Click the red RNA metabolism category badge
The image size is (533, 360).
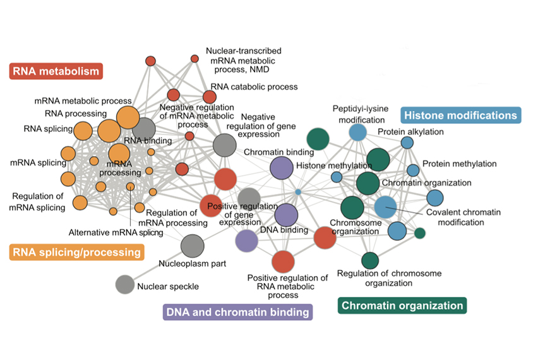pyautogui.click(x=56, y=71)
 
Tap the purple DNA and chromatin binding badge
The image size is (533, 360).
pyautogui.click(x=237, y=312)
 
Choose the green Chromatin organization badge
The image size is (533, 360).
pyautogui.click(x=402, y=306)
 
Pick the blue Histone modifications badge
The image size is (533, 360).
pyautogui.click(x=461, y=116)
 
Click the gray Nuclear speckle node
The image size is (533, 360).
pyautogui.click(x=124, y=284)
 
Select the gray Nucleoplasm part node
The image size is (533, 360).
pyautogui.click(x=192, y=244)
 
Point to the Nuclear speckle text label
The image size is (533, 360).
pyautogui.click(x=168, y=287)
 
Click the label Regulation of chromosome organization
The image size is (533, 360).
pyautogui.click(x=390, y=278)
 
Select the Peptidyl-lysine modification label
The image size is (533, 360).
pyautogui.click(x=361, y=114)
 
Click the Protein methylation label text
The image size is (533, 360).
pyautogui.click(x=460, y=164)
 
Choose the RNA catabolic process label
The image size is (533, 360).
pyautogui.click(x=255, y=87)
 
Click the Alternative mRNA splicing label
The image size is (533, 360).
pyautogui.click(x=116, y=232)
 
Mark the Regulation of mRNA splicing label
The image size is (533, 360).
pyautogui.click(x=38, y=202)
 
